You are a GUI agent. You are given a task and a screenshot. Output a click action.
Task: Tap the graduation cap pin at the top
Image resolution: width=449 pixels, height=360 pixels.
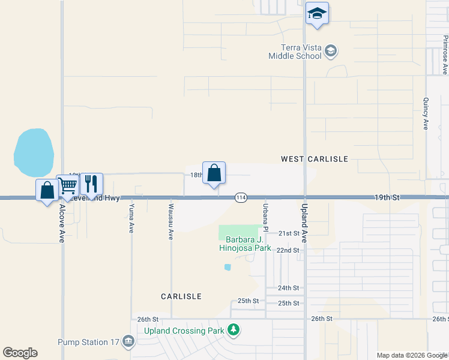coord(317,13)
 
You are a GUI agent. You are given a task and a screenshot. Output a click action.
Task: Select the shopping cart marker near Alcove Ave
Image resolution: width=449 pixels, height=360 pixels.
coord(68,185)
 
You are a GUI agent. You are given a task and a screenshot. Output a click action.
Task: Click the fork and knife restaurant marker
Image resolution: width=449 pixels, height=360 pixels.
coord(91,183)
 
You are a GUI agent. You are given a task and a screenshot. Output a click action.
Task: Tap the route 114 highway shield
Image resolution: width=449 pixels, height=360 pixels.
coord(241,197)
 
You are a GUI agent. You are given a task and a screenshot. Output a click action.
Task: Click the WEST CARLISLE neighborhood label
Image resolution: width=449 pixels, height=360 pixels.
coord(315,159)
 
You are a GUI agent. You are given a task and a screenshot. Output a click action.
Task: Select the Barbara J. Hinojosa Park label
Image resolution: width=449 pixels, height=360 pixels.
coord(248,244)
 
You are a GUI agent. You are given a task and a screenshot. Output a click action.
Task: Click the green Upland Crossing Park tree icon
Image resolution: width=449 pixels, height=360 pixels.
coord(234,329)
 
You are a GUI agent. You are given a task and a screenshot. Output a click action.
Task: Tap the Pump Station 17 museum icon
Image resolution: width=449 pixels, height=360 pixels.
coord(127,342)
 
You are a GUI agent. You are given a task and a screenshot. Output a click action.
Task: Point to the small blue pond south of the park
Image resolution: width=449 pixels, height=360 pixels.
coord(227,267)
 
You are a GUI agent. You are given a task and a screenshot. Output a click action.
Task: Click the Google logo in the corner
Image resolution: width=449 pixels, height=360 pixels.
coord(20,353)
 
